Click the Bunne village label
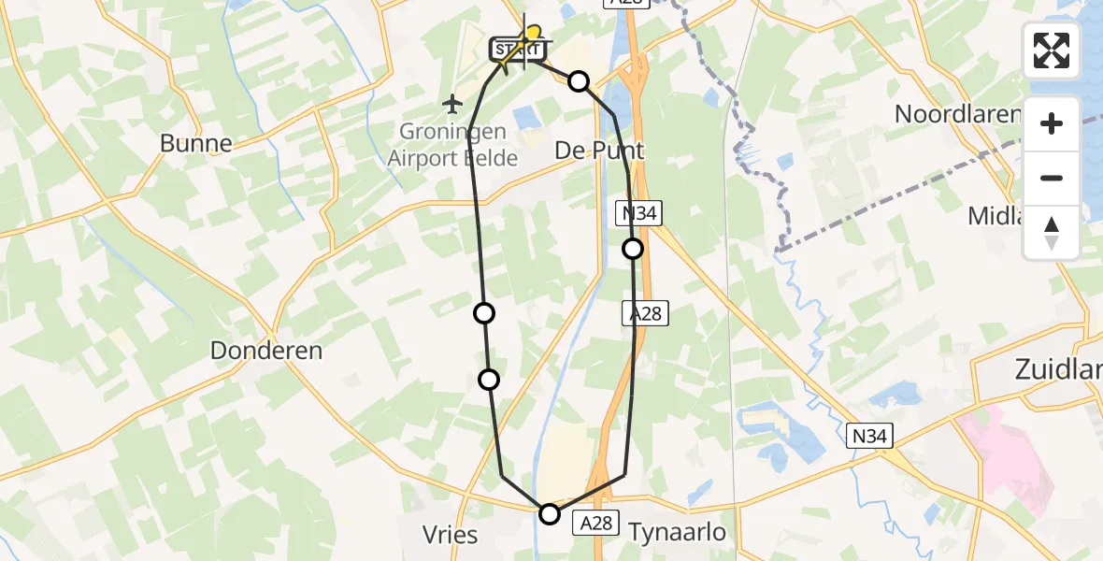[x=195, y=143]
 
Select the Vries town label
[x=451, y=535]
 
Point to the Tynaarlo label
[x=678, y=533]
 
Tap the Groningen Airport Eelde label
[x=452, y=145]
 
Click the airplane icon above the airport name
[x=453, y=102]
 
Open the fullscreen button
[x=1052, y=50]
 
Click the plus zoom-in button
[x=1052, y=123]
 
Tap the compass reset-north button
[x=1052, y=233]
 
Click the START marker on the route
[x=515, y=48]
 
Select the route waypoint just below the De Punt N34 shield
[x=633, y=249]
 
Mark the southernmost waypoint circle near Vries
[x=550, y=513]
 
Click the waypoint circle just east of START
[x=580, y=81]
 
